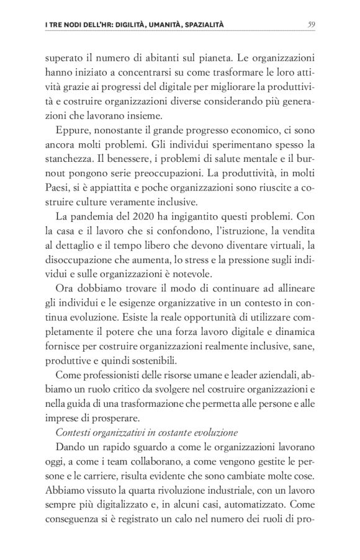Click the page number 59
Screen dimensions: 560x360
[x=312, y=24]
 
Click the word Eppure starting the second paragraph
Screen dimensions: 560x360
[x=74, y=131]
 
